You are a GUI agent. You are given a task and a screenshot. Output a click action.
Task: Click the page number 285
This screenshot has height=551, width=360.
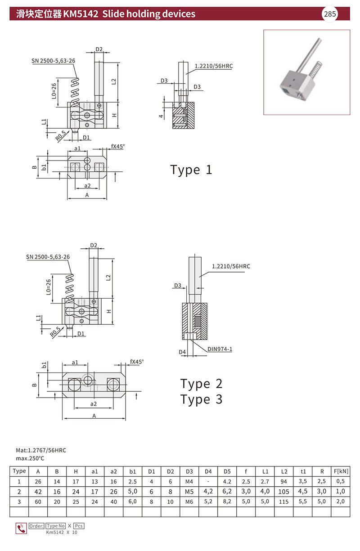329,14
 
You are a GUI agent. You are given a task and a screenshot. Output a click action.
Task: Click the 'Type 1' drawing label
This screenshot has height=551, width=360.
191,170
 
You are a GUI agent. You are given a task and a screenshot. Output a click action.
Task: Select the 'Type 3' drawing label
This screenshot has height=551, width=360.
201,399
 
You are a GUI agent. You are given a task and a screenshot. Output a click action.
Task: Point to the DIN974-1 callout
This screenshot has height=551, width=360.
220,349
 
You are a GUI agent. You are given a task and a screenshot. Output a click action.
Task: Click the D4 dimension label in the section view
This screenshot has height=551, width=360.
182,352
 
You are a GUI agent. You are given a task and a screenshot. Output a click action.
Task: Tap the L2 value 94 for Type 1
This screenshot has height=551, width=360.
283,481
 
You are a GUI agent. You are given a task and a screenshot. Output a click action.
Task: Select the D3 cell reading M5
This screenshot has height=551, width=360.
189,492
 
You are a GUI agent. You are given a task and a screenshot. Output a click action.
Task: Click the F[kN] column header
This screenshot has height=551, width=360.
341,471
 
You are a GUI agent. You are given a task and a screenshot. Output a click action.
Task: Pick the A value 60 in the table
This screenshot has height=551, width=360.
38,502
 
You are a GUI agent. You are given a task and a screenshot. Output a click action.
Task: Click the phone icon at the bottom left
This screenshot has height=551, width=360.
21,529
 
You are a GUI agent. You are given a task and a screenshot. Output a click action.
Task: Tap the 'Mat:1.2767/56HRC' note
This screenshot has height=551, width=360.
41,450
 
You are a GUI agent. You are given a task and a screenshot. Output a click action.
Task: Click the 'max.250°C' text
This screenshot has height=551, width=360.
30,458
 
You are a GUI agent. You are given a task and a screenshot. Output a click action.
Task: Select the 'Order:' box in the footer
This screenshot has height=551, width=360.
36,526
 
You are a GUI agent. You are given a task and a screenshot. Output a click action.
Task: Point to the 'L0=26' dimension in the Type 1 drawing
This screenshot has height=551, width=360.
54,91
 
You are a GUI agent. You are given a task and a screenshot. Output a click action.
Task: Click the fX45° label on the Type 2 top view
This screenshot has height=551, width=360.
136,362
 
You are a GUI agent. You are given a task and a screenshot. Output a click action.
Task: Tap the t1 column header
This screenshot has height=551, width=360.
303,471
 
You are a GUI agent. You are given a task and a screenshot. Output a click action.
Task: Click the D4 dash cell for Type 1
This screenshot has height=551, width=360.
208,482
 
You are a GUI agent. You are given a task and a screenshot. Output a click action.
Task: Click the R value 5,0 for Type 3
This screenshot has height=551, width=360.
322,502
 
